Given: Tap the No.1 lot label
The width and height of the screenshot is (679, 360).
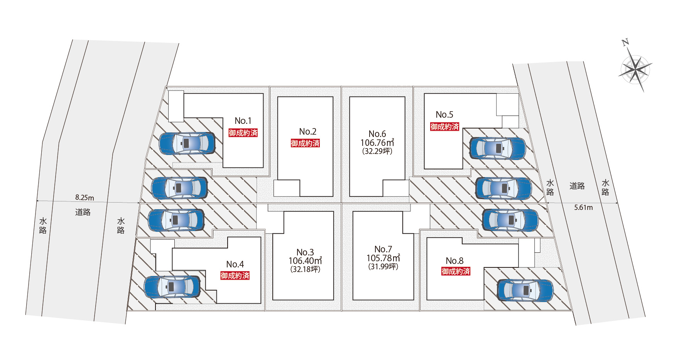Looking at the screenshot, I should (x=243, y=121).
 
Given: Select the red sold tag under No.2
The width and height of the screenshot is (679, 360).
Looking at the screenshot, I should (x=305, y=143).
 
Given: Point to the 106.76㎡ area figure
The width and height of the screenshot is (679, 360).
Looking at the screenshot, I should (x=377, y=143).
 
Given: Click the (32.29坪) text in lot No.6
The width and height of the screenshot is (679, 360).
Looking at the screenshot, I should (x=377, y=151).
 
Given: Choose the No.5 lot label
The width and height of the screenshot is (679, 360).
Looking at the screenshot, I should (x=444, y=115).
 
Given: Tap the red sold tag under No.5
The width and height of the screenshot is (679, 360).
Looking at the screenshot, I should (x=444, y=127).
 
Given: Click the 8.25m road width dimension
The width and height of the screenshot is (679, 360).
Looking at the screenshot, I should (x=84, y=198).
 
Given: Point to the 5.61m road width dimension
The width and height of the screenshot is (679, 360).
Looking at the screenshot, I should (x=583, y=208).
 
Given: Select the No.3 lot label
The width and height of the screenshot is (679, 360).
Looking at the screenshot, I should (x=305, y=252).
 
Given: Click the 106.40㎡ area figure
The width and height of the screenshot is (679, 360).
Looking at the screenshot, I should (x=305, y=261).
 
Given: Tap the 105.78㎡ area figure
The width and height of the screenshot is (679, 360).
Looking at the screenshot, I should (x=383, y=258).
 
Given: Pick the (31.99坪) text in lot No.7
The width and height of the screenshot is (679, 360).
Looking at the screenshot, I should (x=383, y=267).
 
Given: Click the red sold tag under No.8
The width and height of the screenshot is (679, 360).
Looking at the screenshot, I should (x=456, y=271).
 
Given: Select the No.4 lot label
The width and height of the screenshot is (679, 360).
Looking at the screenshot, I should (x=235, y=264).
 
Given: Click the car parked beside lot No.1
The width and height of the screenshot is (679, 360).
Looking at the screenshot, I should (x=187, y=143).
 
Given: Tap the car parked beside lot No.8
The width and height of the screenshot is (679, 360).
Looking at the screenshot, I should (x=525, y=290).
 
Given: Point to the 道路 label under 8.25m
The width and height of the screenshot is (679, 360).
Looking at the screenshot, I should (x=83, y=212).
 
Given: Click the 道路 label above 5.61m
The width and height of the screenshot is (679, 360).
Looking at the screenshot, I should (x=577, y=186).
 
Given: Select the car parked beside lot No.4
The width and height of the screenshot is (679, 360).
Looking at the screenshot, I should (x=172, y=287).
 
